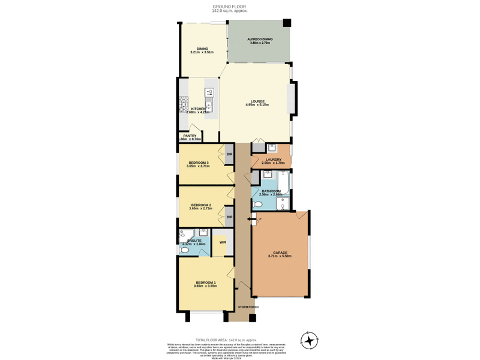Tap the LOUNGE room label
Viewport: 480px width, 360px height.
pos(257,101)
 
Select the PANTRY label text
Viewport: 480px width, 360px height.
pos(190,136)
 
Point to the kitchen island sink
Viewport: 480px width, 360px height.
pos(209,92)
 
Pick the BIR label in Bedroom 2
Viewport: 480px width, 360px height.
pos(229,217)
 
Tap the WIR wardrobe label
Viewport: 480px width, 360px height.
pos(223,242)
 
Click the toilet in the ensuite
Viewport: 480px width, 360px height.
pos(184,250)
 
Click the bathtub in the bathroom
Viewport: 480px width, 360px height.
pos(283,182)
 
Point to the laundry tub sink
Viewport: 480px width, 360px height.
pos(272,147)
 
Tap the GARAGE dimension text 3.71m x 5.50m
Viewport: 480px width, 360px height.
pos(280,256)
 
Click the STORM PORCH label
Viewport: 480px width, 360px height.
pos(248,307)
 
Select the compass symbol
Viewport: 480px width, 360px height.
pos(309,340)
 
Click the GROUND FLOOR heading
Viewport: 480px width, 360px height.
pos(229,7)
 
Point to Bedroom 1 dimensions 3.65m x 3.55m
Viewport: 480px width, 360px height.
pos(206,286)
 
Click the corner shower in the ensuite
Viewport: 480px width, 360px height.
pos(183,235)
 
